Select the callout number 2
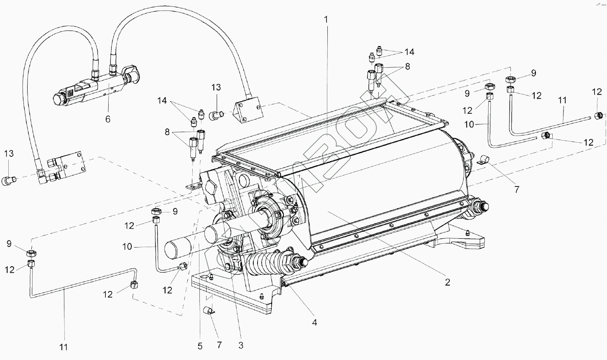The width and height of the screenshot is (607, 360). (447, 282)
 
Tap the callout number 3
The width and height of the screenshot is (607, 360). (241, 345)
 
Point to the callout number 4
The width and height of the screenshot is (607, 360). (314, 322)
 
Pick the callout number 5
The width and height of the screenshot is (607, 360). (200, 346)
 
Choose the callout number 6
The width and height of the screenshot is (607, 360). (107, 119)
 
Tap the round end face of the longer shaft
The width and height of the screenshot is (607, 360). (178, 250)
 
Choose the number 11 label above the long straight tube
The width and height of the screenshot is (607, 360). (562, 100)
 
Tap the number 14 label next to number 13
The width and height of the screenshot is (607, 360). (162, 101)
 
